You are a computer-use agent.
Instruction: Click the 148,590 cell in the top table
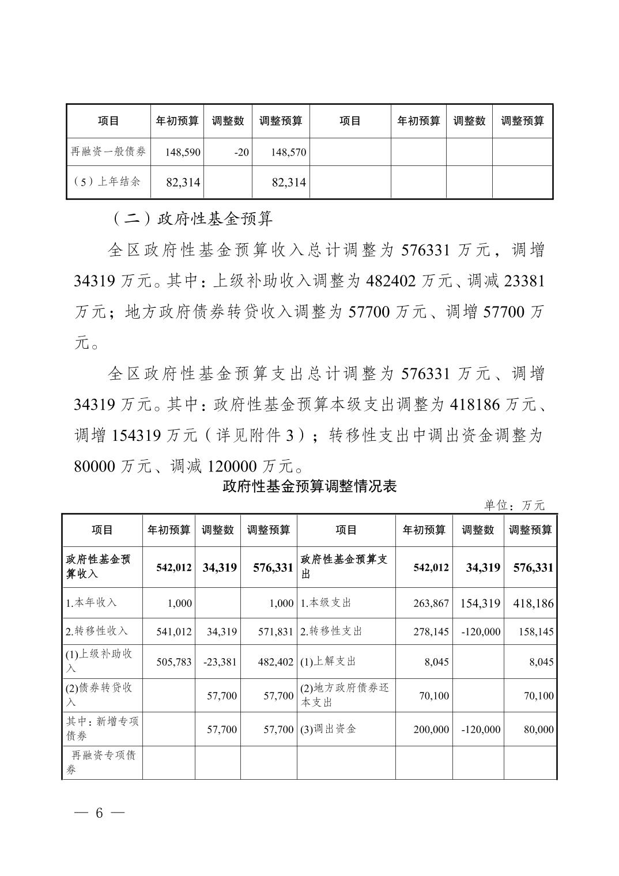click(x=183, y=153)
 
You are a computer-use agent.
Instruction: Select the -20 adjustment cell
click(x=241, y=153)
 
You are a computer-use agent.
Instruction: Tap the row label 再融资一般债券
click(x=108, y=152)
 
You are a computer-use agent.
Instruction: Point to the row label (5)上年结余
click(x=108, y=182)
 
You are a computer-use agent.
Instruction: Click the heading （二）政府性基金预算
click(x=190, y=218)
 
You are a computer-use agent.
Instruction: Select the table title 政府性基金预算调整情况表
click(x=309, y=486)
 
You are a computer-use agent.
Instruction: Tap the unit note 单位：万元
click(x=515, y=505)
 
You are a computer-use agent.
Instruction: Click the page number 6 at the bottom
click(x=99, y=813)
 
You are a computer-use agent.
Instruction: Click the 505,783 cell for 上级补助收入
click(x=174, y=662)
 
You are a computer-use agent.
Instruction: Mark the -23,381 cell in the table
click(x=220, y=662)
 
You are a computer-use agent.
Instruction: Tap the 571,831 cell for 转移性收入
click(x=275, y=632)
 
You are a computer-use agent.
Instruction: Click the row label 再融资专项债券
click(x=102, y=762)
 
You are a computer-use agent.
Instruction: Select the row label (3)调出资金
click(x=329, y=729)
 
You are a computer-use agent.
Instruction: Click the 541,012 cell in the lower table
click(x=174, y=632)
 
